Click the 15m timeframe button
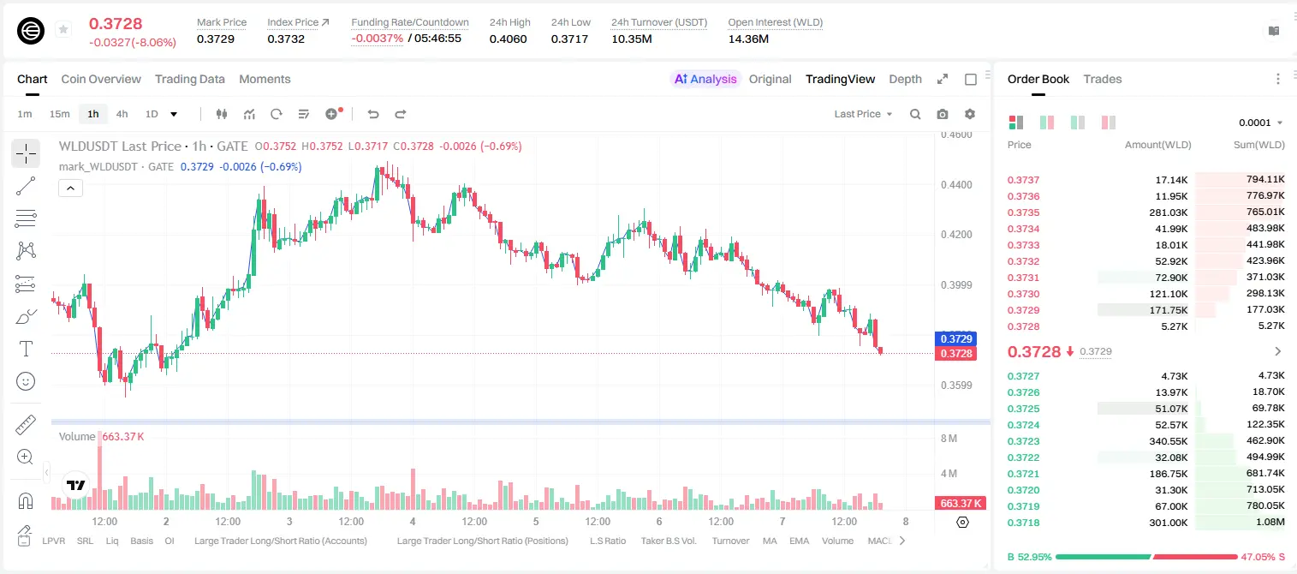click(x=60, y=114)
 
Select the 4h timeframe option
click(x=122, y=114)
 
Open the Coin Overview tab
click(x=101, y=79)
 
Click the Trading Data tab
click(x=189, y=79)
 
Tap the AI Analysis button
click(x=705, y=79)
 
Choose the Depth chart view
click(x=905, y=79)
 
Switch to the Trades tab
click(x=1103, y=79)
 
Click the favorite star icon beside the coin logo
click(x=63, y=29)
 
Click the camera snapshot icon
click(x=943, y=114)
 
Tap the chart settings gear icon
click(x=970, y=114)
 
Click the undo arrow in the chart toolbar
click(x=373, y=114)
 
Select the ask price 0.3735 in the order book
click(x=1023, y=212)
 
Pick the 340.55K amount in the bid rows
click(x=1169, y=441)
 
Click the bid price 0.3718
click(x=1023, y=523)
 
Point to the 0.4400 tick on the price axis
click(x=956, y=185)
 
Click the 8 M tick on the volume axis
click(x=949, y=439)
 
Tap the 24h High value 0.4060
click(x=508, y=39)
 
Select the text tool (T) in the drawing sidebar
click(x=26, y=349)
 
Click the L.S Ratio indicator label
click(x=607, y=541)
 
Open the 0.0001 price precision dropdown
click(x=1260, y=123)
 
